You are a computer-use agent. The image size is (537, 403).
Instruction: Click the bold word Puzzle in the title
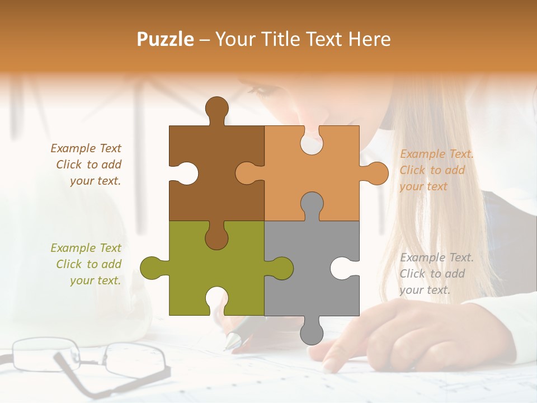point(165,39)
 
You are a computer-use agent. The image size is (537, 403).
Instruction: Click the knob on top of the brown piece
point(216,108)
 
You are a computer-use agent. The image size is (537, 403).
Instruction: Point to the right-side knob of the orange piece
point(375,173)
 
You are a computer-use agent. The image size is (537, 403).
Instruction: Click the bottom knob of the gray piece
point(312,332)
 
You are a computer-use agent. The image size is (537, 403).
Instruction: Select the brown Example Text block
point(87,165)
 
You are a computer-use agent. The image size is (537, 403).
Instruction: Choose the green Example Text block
point(87,264)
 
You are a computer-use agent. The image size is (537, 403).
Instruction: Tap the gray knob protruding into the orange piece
point(312,204)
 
